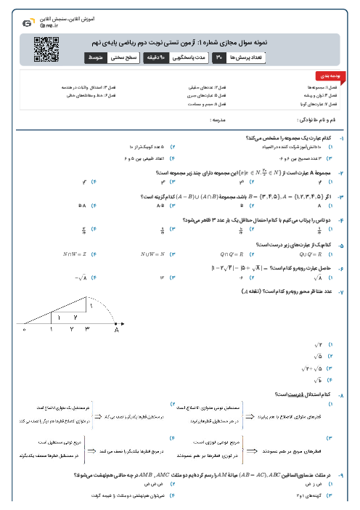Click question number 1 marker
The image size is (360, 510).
[341, 138]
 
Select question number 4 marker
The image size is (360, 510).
[341, 219]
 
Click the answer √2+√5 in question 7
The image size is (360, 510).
[316, 368]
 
